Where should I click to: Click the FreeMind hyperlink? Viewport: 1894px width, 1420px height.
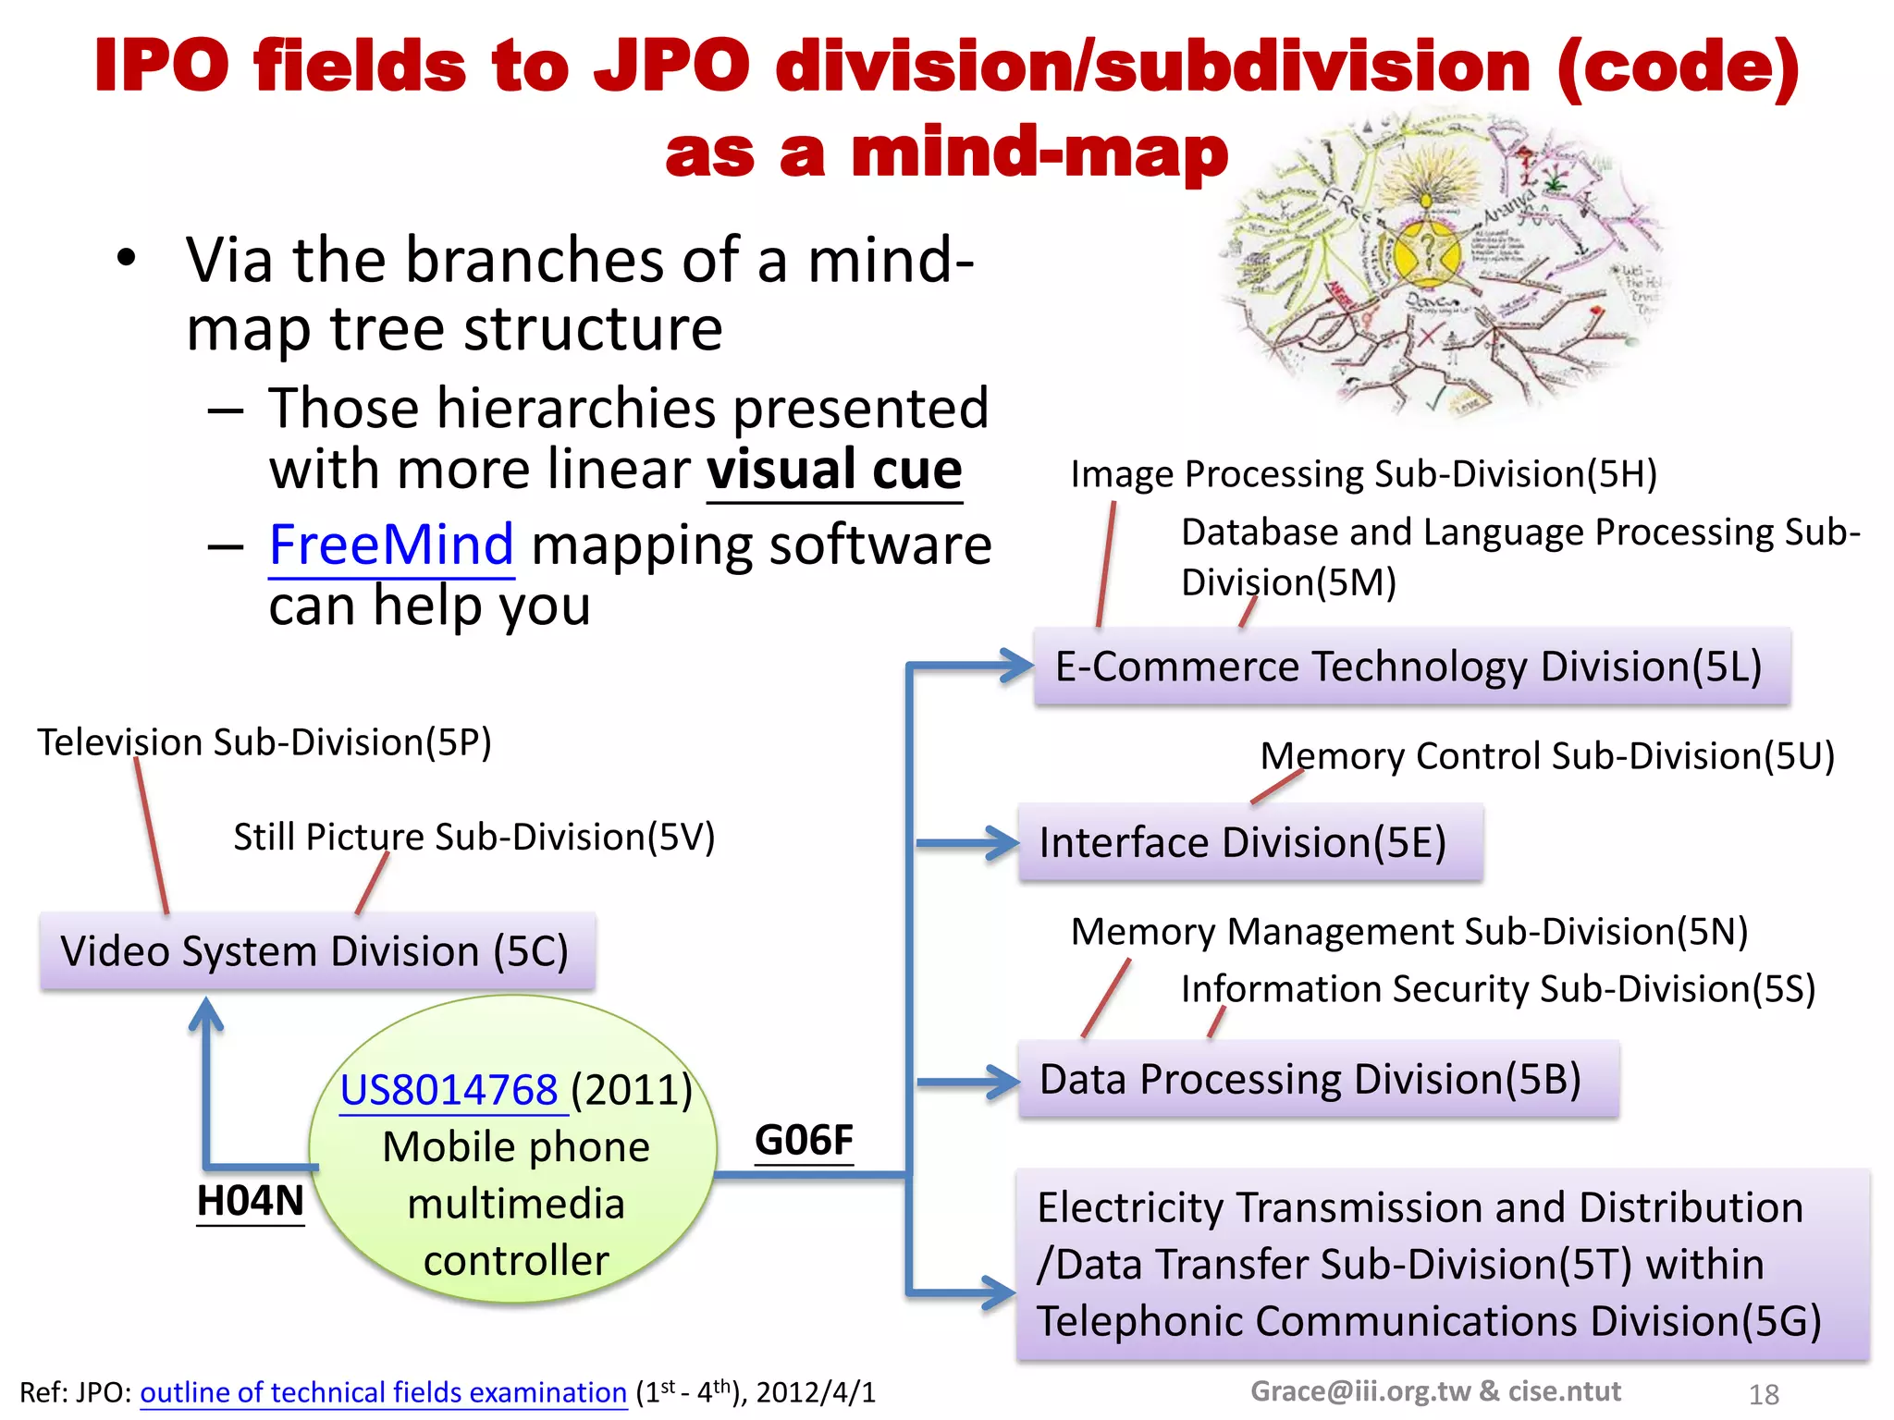pos(390,545)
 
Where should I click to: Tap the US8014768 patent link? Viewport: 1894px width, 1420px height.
pos(449,1090)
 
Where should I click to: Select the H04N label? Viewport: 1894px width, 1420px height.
pos(251,1201)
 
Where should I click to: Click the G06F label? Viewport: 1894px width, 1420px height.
pos(804,1140)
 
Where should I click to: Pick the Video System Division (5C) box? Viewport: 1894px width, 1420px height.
pos(317,951)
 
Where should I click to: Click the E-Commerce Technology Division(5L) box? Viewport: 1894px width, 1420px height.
pos(1411,667)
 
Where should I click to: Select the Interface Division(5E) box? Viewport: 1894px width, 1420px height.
pos(1250,842)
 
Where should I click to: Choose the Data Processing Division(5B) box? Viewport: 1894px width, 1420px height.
pos(1318,1079)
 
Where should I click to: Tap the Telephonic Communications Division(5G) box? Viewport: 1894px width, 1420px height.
pos(1442,1265)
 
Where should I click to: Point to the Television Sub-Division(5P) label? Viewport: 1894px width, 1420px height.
pos(264,742)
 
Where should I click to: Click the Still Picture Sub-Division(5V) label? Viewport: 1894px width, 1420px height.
pos(473,837)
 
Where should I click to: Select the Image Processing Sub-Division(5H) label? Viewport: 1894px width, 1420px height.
pos(1363,474)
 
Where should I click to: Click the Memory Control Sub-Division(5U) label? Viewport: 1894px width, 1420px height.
pos(1546,756)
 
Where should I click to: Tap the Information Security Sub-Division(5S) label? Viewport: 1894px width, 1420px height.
pos(1498,989)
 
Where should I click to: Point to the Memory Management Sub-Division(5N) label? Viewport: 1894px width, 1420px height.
pos(1408,932)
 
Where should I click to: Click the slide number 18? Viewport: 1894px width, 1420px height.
pos(1764,1394)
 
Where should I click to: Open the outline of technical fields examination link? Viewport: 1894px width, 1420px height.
pos(383,1392)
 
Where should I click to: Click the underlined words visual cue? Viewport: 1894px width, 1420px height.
pos(834,470)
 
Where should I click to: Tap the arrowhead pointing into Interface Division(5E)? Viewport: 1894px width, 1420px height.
pos(1002,842)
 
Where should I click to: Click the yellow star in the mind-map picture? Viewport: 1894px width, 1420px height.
pos(1427,251)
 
